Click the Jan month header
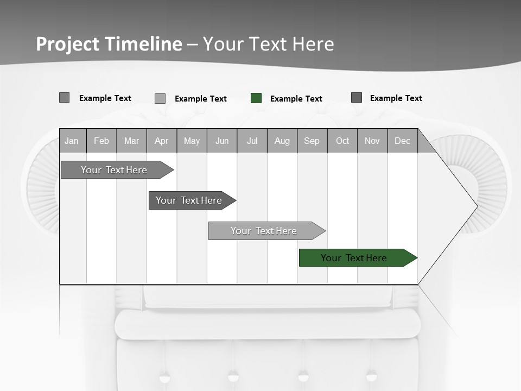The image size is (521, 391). tap(72, 141)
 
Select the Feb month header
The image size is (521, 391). tap(101, 141)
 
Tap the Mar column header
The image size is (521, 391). tap(131, 141)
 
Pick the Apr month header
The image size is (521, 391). tap(161, 141)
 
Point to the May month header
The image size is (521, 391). tap(192, 141)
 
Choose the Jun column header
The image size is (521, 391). tap(222, 141)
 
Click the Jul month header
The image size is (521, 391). tap(252, 141)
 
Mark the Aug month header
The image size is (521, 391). tap(282, 141)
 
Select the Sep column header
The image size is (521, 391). tap(312, 141)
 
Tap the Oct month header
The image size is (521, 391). tap(342, 141)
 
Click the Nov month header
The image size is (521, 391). tap(372, 141)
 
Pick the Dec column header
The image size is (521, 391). tap(403, 141)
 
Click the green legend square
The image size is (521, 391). tap(256, 98)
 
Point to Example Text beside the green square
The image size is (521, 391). tap(296, 99)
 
